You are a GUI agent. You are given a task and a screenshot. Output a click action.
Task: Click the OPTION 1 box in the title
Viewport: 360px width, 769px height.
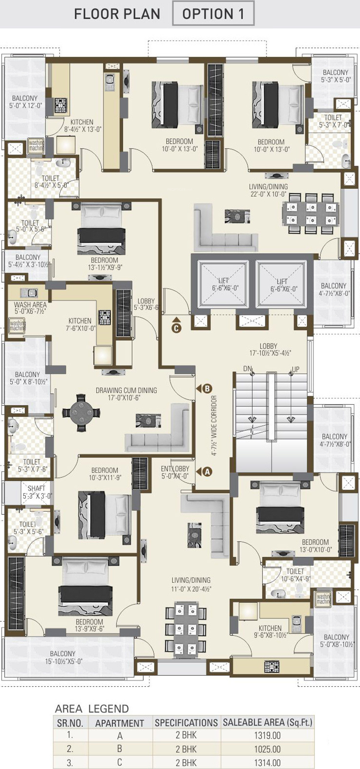coord(213,13)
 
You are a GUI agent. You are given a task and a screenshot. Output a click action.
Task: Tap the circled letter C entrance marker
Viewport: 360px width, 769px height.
coord(176,328)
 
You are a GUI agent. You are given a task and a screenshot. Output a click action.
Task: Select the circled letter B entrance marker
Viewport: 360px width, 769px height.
coord(207,388)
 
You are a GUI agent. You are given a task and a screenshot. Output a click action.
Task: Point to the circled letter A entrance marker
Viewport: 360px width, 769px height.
coord(207,472)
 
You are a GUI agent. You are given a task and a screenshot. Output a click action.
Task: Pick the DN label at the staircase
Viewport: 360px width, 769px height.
coord(247,369)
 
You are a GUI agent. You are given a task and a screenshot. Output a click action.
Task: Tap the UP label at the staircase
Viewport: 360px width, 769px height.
coord(296,369)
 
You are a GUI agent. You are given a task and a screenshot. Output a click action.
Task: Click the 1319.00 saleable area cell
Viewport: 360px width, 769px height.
coord(268,735)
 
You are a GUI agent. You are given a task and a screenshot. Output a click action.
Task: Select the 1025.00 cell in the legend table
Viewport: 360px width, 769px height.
coord(268,749)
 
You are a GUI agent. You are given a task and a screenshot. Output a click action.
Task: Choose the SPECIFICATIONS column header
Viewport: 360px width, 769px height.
coord(186,722)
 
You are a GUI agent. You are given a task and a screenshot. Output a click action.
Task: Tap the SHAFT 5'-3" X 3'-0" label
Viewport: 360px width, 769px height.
coord(36,492)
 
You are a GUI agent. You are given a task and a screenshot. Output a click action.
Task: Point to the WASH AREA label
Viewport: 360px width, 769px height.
coord(30,308)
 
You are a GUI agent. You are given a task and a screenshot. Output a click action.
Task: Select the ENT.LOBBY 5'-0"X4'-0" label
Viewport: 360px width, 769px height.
coord(175,472)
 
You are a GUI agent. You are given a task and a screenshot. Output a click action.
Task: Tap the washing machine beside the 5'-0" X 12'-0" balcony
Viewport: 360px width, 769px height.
coord(36,145)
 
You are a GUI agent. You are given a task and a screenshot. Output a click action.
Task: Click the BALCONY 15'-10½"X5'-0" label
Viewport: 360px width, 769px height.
coord(63,657)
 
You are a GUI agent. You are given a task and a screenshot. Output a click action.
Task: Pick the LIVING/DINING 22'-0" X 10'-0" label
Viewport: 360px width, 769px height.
coord(268,190)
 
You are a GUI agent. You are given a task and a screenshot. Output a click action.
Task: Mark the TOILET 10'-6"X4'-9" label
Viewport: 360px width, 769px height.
coord(295,575)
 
